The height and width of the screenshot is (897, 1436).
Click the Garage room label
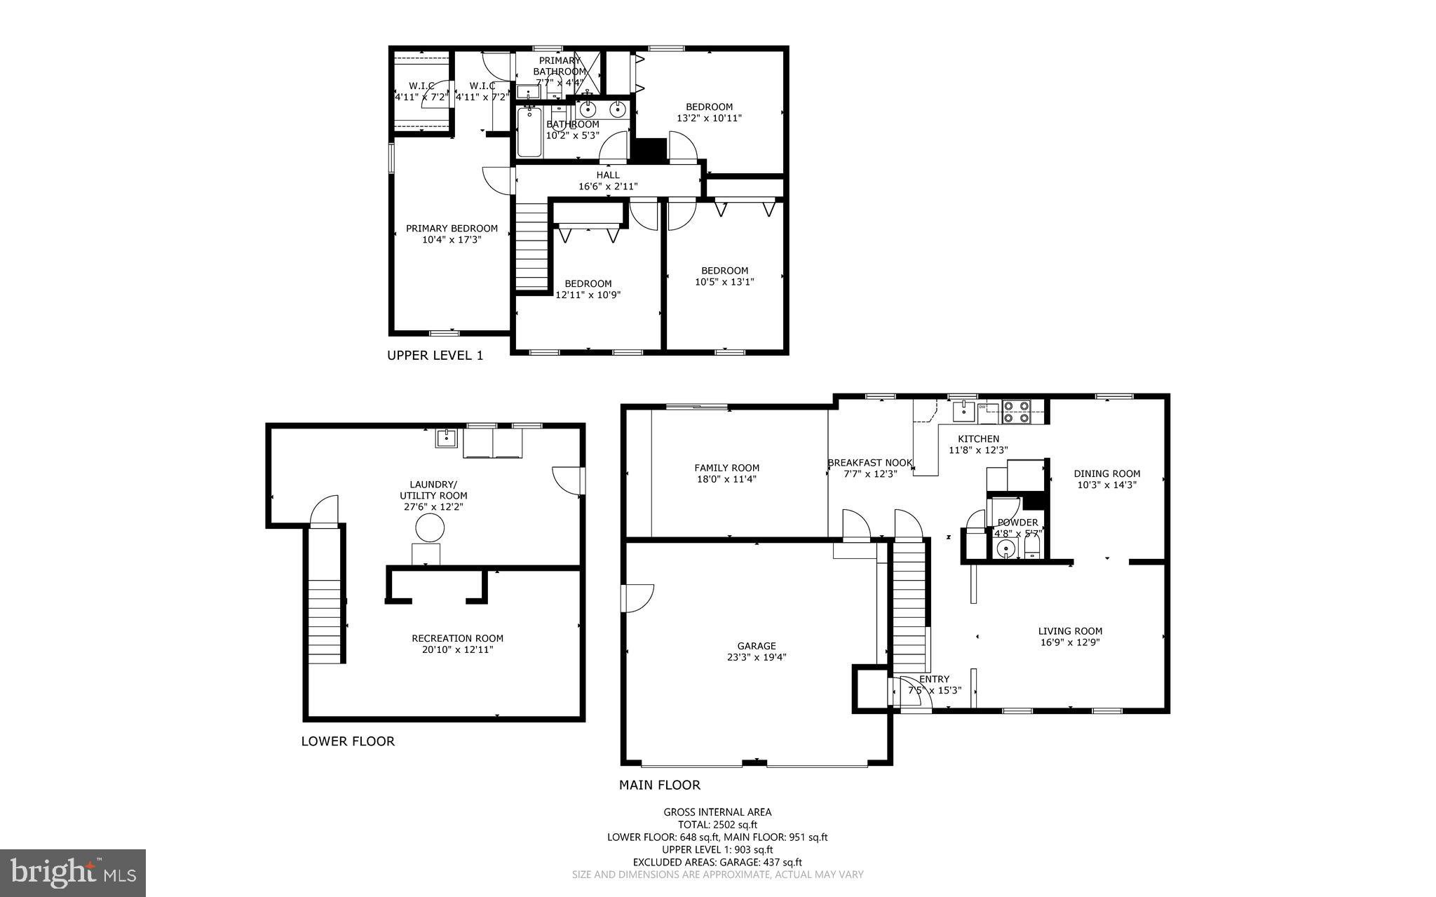[x=757, y=646]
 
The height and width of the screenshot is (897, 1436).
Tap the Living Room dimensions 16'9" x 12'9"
[x=1070, y=642]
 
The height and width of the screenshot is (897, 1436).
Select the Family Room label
[x=726, y=468]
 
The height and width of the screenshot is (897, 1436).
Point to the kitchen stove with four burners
[x=1016, y=412]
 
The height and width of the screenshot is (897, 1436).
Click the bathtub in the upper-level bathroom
[x=529, y=132]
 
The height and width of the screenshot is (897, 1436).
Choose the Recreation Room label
[x=457, y=638]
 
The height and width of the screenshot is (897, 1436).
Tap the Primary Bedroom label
[x=452, y=229]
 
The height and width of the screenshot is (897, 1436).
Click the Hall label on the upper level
[x=608, y=175]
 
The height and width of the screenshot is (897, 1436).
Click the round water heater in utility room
[x=429, y=527]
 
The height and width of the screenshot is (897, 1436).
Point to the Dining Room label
[x=1106, y=473]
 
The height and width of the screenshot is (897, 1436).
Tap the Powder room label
[x=1017, y=522]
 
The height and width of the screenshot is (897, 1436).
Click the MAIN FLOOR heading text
[x=659, y=785]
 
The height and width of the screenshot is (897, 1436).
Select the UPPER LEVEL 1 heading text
[x=435, y=356]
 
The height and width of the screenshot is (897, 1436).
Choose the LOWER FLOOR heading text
[x=348, y=741]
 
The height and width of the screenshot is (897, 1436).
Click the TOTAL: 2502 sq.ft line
[x=717, y=825]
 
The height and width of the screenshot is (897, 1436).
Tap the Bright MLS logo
[x=73, y=872]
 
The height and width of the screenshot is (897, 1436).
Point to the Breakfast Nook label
[x=869, y=463]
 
